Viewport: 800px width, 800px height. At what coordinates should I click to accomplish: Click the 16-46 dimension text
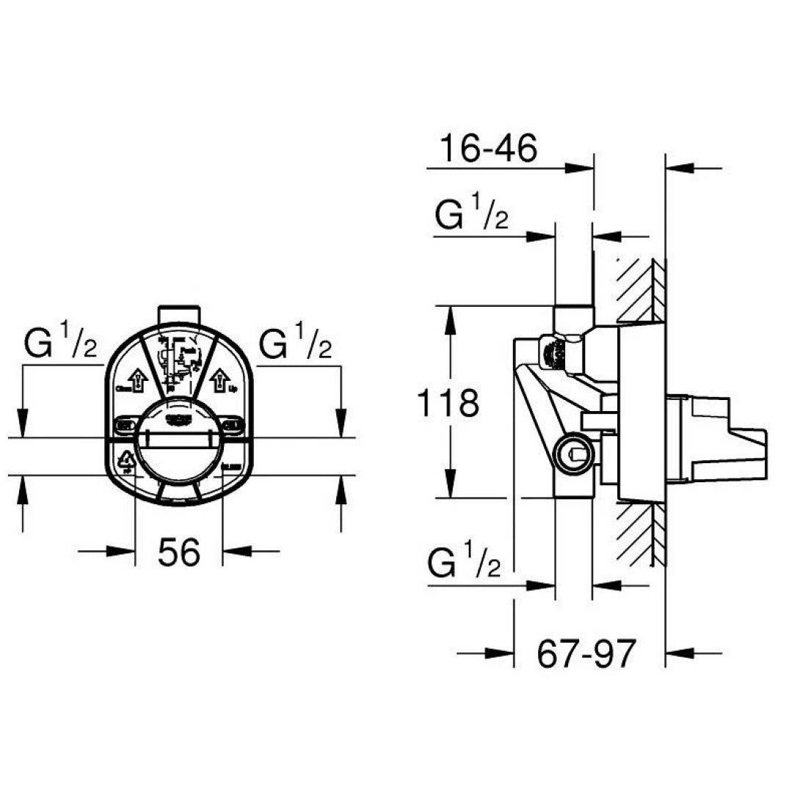coord(488,149)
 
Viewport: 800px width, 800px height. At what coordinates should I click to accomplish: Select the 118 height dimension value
coord(447,403)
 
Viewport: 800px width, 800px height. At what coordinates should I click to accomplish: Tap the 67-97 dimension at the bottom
coord(584,652)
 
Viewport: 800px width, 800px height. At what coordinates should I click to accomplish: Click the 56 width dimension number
coord(179,551)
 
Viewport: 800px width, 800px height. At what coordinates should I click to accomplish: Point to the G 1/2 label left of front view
coord(61,345)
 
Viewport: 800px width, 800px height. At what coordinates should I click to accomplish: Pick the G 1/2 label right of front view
coord(296,345)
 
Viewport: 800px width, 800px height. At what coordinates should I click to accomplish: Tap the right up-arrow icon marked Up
coord(219,380)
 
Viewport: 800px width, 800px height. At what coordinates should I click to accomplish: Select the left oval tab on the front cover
coord(125,423)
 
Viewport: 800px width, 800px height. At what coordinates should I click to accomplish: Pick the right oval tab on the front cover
coord(233,423)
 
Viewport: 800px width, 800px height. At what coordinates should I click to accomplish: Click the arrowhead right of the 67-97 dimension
coord(683,652)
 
